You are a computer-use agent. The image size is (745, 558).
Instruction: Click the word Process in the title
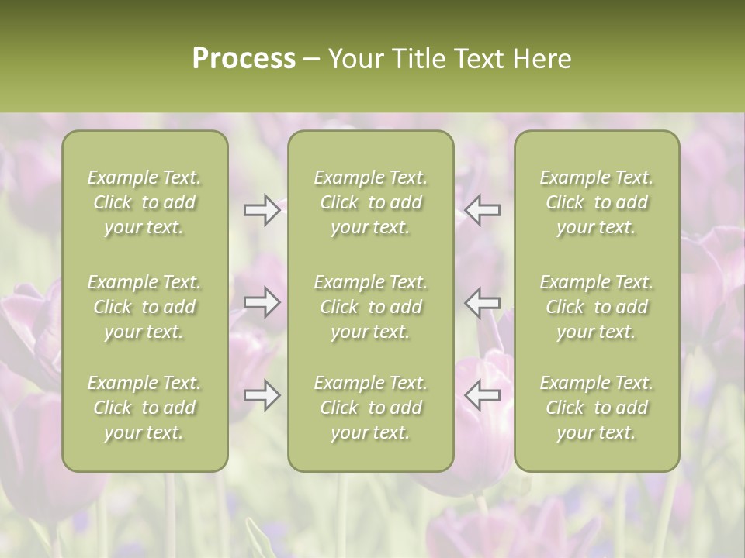point(244,59)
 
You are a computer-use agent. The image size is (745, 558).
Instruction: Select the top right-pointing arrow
point(262,210)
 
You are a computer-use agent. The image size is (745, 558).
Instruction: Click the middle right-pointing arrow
point(262,302)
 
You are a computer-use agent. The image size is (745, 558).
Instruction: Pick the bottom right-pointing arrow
point(262,395)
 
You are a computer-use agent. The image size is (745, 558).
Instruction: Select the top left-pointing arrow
point(482,210)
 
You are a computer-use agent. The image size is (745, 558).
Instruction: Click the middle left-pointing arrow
point(482,302)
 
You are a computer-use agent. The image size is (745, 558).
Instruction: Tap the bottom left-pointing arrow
point(482,395)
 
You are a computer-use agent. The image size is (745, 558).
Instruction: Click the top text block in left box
point(144,202)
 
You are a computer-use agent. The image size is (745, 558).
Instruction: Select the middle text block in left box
point(144,307)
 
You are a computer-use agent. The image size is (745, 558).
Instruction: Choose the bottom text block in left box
point(144,408)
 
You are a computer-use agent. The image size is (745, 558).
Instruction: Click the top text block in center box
point(370,202)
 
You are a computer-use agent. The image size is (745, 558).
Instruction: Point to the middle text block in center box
point(370,307)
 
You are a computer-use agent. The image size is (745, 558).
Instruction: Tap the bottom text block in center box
point(370,408)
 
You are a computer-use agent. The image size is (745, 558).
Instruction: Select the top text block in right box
point(597,202)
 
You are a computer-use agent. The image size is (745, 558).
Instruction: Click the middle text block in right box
point(597,307)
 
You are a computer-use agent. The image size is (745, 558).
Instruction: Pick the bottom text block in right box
point(597,408)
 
